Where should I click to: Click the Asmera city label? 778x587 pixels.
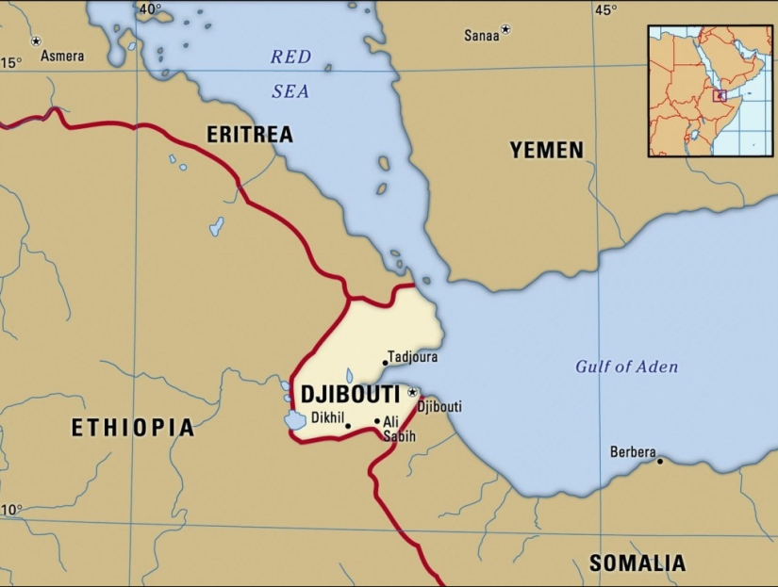tap(60, 56)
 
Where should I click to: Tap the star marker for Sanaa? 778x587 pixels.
tap(505, 30)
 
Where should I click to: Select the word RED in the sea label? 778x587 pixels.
tap(290, 57)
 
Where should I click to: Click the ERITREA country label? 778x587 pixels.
tap(250, 135)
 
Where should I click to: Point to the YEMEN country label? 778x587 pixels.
tap(547, 150)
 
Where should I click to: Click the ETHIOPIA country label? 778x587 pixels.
tap(133, 428)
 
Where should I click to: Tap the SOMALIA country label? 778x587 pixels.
tap(637, 563)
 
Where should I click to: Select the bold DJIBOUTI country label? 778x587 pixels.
tap(350, 395)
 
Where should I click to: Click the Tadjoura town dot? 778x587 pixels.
tap(385, 362)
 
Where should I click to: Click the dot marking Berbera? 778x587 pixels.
tap(660, 461)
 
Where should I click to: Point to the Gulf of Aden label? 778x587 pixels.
tap(626, 367)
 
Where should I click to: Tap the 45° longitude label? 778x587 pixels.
tap(604, 10)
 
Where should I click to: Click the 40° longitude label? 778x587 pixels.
tap(149, 9)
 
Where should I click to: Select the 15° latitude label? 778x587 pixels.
tap(10, 63)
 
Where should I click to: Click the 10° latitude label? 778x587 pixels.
tap(10, 510)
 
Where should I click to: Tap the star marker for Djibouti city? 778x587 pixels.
tap(412, 392)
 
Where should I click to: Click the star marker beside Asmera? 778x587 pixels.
tap(36, 41)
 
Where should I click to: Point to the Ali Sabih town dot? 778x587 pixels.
tap(377, 421)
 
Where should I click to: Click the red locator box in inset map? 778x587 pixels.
tap(720, 95)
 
